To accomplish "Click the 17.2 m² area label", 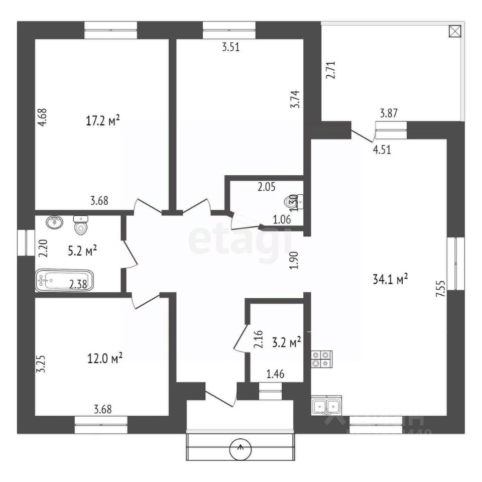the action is tap(103, 120).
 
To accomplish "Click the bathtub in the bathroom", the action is tap(64, 280).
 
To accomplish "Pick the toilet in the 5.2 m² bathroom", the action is tap(81, 225).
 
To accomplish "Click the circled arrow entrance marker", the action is tap(240, 448).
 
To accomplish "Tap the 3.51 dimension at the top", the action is tap(231, 48).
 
